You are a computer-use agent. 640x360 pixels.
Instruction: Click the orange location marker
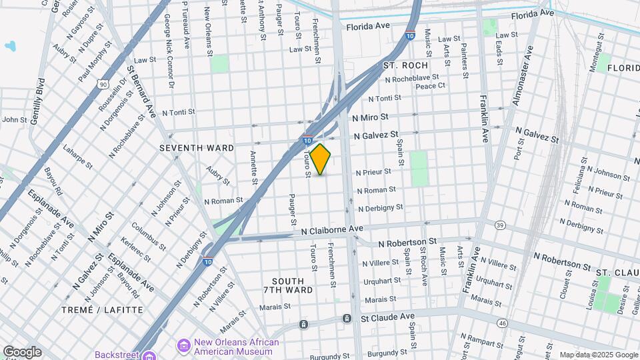pos(321,159)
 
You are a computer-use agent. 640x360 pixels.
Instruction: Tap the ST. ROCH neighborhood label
pos(405,65)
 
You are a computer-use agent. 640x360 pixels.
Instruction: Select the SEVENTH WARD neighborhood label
pos(197,147)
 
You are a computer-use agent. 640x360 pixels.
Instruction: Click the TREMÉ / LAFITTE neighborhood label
pos(103,310)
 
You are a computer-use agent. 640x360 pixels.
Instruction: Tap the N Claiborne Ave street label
pos(331,229)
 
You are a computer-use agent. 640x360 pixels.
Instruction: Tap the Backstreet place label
pos(117,355)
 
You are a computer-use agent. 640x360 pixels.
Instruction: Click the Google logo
pos(22,352)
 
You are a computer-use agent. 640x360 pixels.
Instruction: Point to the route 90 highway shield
pos(102,85)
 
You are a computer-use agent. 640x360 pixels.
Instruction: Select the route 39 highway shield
pos(499,225)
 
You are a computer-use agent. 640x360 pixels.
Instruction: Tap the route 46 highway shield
pos(502,323)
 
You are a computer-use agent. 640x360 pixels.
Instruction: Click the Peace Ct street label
pos(430,86)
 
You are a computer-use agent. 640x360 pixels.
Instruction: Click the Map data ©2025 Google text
pos(598,355)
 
